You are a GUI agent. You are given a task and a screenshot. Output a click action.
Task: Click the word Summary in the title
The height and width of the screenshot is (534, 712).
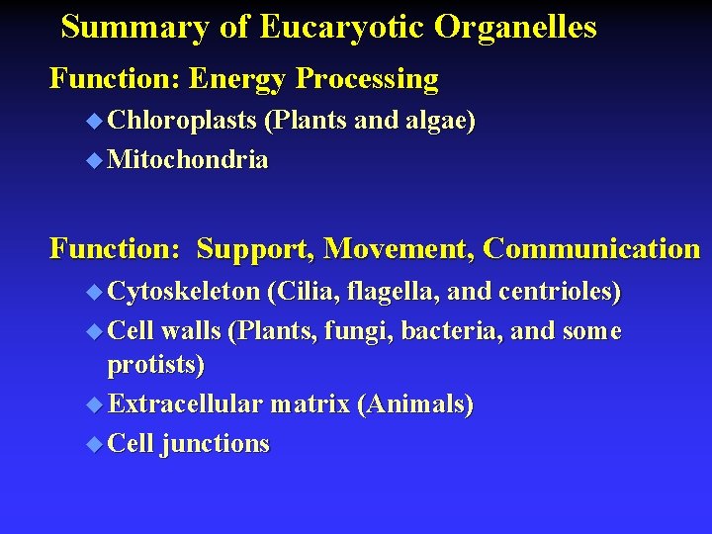[135, 27]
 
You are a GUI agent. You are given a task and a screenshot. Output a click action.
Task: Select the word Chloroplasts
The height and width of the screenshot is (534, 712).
[183, 122]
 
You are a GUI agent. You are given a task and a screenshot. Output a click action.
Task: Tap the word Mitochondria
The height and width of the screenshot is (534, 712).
[188, 160]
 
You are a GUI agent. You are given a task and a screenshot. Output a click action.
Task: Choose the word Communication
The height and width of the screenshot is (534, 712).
[591, 248]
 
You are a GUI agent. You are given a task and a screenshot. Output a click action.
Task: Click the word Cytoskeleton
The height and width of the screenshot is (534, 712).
[185, 292]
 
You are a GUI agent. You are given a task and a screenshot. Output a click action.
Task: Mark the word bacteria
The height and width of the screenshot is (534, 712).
[465, 330]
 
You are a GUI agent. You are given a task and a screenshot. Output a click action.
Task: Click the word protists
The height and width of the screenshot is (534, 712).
[153, 365]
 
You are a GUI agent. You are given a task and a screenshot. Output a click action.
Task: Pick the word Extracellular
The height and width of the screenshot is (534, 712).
[185, 403]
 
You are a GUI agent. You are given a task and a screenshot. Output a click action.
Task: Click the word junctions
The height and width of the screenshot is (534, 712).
[216, 444]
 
